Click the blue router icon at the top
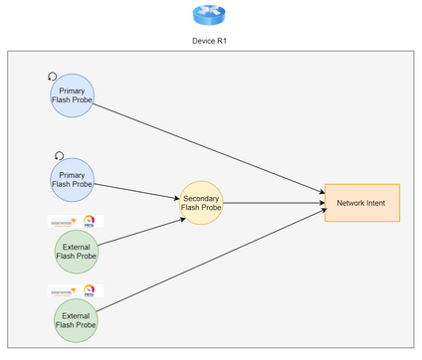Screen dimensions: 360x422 210,15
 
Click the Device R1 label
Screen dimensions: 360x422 210,42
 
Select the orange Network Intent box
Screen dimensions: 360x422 361,203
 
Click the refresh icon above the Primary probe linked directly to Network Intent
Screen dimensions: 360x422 53,77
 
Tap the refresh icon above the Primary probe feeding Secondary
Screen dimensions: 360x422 58,155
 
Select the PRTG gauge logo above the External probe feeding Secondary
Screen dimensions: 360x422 91,221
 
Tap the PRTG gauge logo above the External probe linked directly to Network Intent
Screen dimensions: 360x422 91,291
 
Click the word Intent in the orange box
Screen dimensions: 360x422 378,203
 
